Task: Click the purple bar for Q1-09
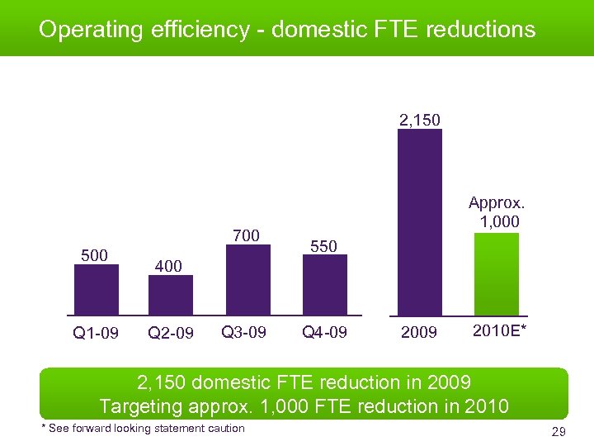click(x=97, y=290)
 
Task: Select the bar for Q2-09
click(x=171, y=295)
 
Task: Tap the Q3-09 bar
click(x=247, y=281)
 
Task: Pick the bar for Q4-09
click(x=325, y=286)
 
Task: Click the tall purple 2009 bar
click(x=419, y=222)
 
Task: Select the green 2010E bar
click(x=497, y=274)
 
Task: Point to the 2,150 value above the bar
click(x=420, y=121)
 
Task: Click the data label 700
click(x=247, y=236)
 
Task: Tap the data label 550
click(x=323, y=246)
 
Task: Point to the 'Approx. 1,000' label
click(x=497, y=212)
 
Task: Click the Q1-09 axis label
click(x=96, y=334)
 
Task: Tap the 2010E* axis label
click(x=501, y=332)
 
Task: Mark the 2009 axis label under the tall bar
click(x=419, y=334)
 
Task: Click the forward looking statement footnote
click(x=143, y=428)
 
